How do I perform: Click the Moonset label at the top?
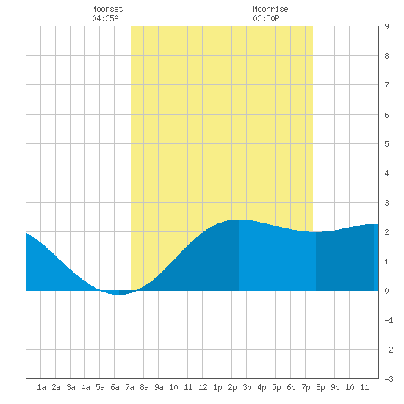tap(107, 9)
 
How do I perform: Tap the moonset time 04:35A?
tap(105, 18)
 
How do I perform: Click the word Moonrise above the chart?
tap(270, 9)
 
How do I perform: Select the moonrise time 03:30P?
tap(266, 18)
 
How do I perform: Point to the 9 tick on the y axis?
tap(386, 26)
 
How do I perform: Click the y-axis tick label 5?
tap(386, 144)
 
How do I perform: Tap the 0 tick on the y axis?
tap(386, 291)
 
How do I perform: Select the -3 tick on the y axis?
tap(389, 379)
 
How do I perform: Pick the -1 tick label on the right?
tap(389, 320)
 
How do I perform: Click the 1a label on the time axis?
tap(41, 387)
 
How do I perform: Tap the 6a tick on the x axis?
tap(115, 387)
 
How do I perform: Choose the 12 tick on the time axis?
tap(203, 387)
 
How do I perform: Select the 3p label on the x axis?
tap(247, 387)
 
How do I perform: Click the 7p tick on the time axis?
tap(306, 387)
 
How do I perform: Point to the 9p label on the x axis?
tap(335, 387)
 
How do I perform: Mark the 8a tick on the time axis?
tap(144, 387)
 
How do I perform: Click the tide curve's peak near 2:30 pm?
tap(239, 220)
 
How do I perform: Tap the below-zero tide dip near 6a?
tap(119, 294)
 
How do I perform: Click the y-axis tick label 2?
tap(386, 232)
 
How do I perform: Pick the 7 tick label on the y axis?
tap(386, 85)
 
